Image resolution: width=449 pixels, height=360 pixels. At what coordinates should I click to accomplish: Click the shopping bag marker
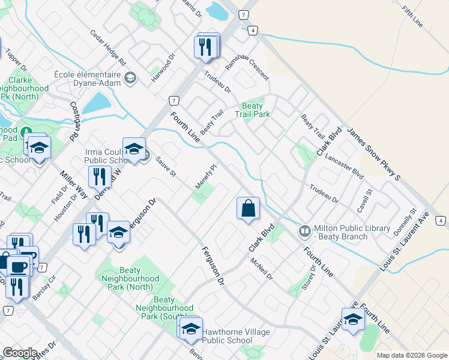[248, 209]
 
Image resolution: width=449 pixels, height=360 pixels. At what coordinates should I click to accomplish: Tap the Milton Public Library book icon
[305, 231]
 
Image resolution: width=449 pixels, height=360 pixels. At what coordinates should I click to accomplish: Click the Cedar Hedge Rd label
[108, 48]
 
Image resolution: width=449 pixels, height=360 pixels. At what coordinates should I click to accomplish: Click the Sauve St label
[165, 167]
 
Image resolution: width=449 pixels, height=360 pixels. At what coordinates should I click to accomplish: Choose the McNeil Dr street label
[262, 269]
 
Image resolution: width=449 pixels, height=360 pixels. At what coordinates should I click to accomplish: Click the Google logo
[20, 353]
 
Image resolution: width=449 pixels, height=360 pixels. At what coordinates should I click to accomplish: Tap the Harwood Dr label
[163, 70]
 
